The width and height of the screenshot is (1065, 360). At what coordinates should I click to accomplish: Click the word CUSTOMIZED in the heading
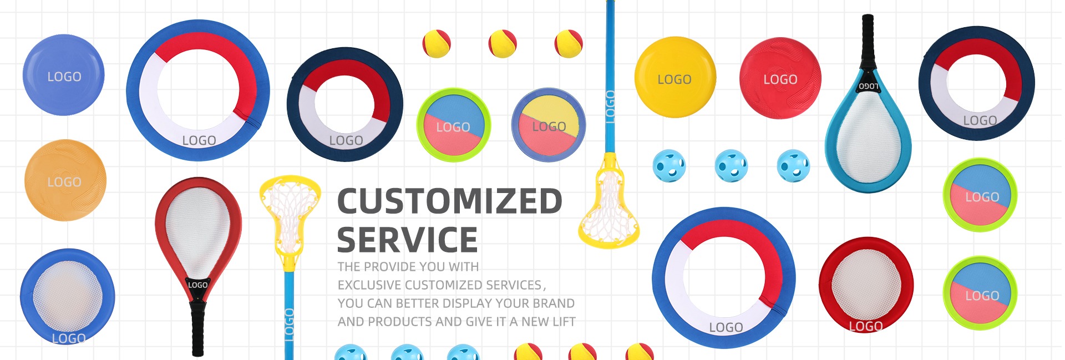[x=450, y=201]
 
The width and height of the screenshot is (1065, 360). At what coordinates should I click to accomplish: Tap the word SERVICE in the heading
[x=407, y=240]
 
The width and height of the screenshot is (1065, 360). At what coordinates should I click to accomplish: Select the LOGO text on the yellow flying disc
[x=674, y=80]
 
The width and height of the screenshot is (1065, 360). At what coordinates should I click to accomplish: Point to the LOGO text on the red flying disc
[x=780, y=80]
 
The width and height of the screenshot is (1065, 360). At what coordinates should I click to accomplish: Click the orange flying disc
[x=65, y=180]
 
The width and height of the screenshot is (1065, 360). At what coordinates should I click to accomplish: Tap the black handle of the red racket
[x=197, y=327]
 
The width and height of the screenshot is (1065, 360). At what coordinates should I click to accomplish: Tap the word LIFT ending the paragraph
[x=564, y=322]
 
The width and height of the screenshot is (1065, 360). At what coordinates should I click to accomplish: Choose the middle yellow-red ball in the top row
[x=503, y=44]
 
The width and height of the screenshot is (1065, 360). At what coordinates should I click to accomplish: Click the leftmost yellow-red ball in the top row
[x=437, y=44]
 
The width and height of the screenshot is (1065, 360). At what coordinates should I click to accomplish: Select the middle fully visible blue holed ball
[x=731, y=166]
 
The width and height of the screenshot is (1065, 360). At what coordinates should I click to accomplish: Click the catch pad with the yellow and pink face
[x=549, y=125]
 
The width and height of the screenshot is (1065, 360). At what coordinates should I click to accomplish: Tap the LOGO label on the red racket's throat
[x=197, y=285]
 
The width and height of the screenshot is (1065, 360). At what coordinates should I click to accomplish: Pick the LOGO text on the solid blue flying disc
[x=64, y=77]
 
